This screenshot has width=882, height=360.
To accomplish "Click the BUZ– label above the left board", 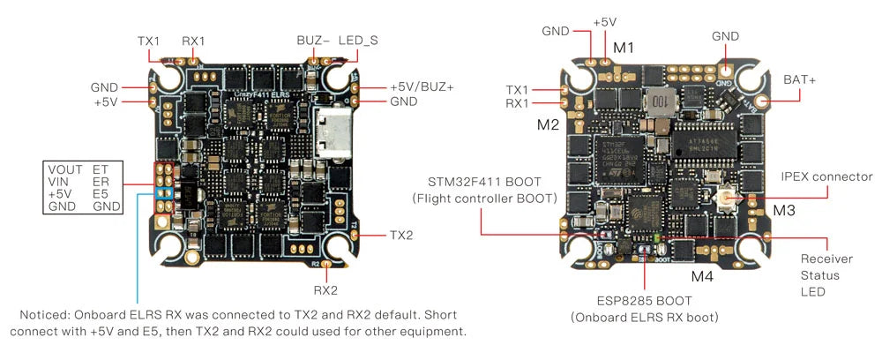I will (x=313, y=41).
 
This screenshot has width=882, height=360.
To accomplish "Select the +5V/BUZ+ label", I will (x=422, y=87).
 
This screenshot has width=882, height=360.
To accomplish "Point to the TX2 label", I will (x=400, y=236).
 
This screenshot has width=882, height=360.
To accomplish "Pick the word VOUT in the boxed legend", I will (x=64, y=168).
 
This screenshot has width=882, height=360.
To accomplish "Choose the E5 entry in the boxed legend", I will (x=101, y=193).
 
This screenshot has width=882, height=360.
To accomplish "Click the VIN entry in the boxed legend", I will (x=58, y=181).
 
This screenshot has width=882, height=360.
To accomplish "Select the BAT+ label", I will (x=799, y=80).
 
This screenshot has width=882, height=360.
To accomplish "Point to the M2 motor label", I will (x=548, y=124).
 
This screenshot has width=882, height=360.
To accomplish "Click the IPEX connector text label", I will (x=826, y=176).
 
